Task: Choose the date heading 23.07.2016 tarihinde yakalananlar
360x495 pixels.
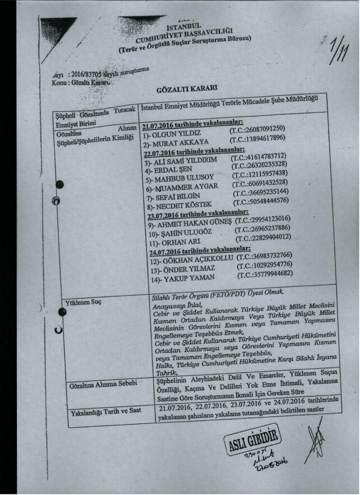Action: [197, 213]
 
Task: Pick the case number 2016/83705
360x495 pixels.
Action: [87, 74]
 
